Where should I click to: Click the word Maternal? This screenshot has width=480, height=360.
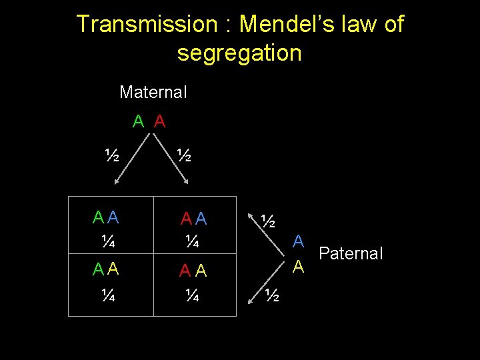pyautogui.click(x=153, y=92)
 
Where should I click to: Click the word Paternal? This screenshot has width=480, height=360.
pyautogui.click(x=351, y=253)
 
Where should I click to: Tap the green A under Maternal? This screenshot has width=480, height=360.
pyautogui.click(x=139, y=121)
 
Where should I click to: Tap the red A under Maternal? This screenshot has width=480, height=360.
pyautogui.click(x=159, y=121)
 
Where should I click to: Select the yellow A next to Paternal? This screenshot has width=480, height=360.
pyautogui.click(x=299, y=267)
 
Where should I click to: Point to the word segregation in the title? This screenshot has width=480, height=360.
pyautogui.click(x=239, y=53)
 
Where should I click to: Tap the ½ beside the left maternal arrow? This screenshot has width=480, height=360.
pyautogui.click(x=112, y=156)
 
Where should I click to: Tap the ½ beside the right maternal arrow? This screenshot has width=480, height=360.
pyautogui.click(x=184, y=156)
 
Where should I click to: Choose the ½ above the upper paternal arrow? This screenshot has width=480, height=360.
pyautogui.click(x=268, y=220)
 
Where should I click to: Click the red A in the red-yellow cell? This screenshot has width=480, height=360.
pyautogui.click(x=185, y=271)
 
